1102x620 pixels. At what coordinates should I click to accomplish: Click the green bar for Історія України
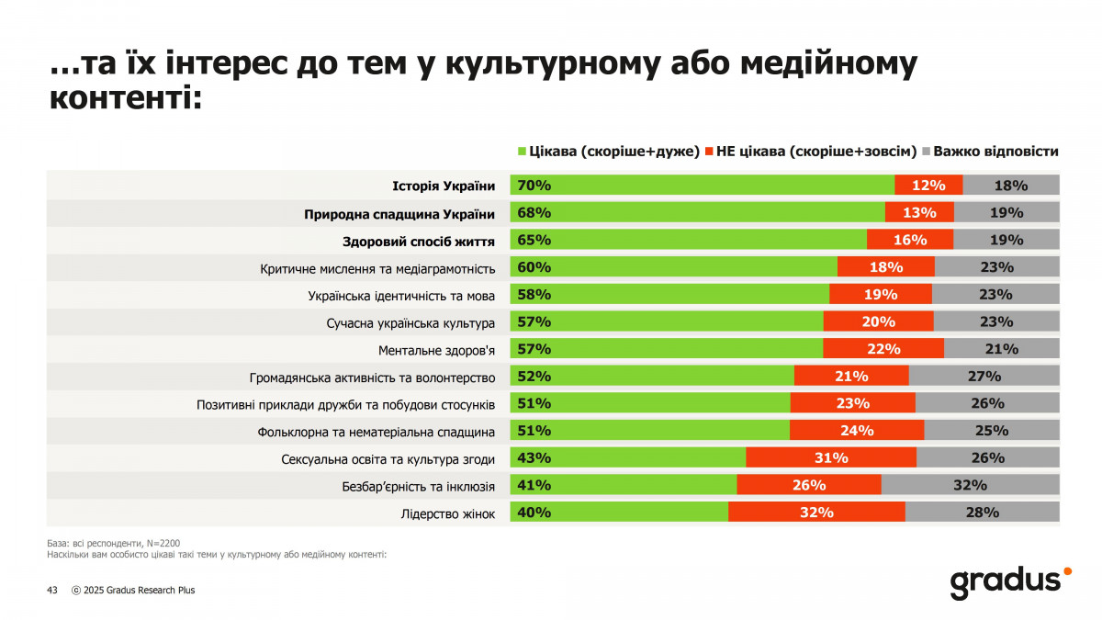click(703, 186)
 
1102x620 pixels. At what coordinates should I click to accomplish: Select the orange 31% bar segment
click(830, 457)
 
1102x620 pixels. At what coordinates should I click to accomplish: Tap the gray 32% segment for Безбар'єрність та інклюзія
click(970, 485)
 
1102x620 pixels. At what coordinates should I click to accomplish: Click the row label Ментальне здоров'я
click(437, 350)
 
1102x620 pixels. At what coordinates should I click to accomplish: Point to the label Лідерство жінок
click(448, 513)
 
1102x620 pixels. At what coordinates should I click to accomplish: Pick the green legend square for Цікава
click(523, 152)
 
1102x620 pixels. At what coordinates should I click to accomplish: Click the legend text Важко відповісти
click(997, 152)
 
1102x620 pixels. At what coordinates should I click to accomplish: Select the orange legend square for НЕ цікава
click(709, 152)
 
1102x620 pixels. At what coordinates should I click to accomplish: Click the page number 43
click(52, 591)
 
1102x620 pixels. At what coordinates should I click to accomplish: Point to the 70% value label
click(534, 186)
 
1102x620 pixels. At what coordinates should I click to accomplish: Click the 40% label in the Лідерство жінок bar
click(534, 513)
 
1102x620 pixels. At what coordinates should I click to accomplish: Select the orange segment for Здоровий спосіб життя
click(909, 240)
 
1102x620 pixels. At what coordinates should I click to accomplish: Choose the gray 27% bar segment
click(984, 376)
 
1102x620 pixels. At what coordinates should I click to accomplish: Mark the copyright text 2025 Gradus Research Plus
click(139, 591)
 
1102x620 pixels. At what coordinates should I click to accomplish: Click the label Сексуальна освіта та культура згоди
click(388, 458)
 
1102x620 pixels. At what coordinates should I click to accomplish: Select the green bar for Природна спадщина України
click(698, 213)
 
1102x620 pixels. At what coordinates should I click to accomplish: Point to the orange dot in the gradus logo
click(1066, 571)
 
